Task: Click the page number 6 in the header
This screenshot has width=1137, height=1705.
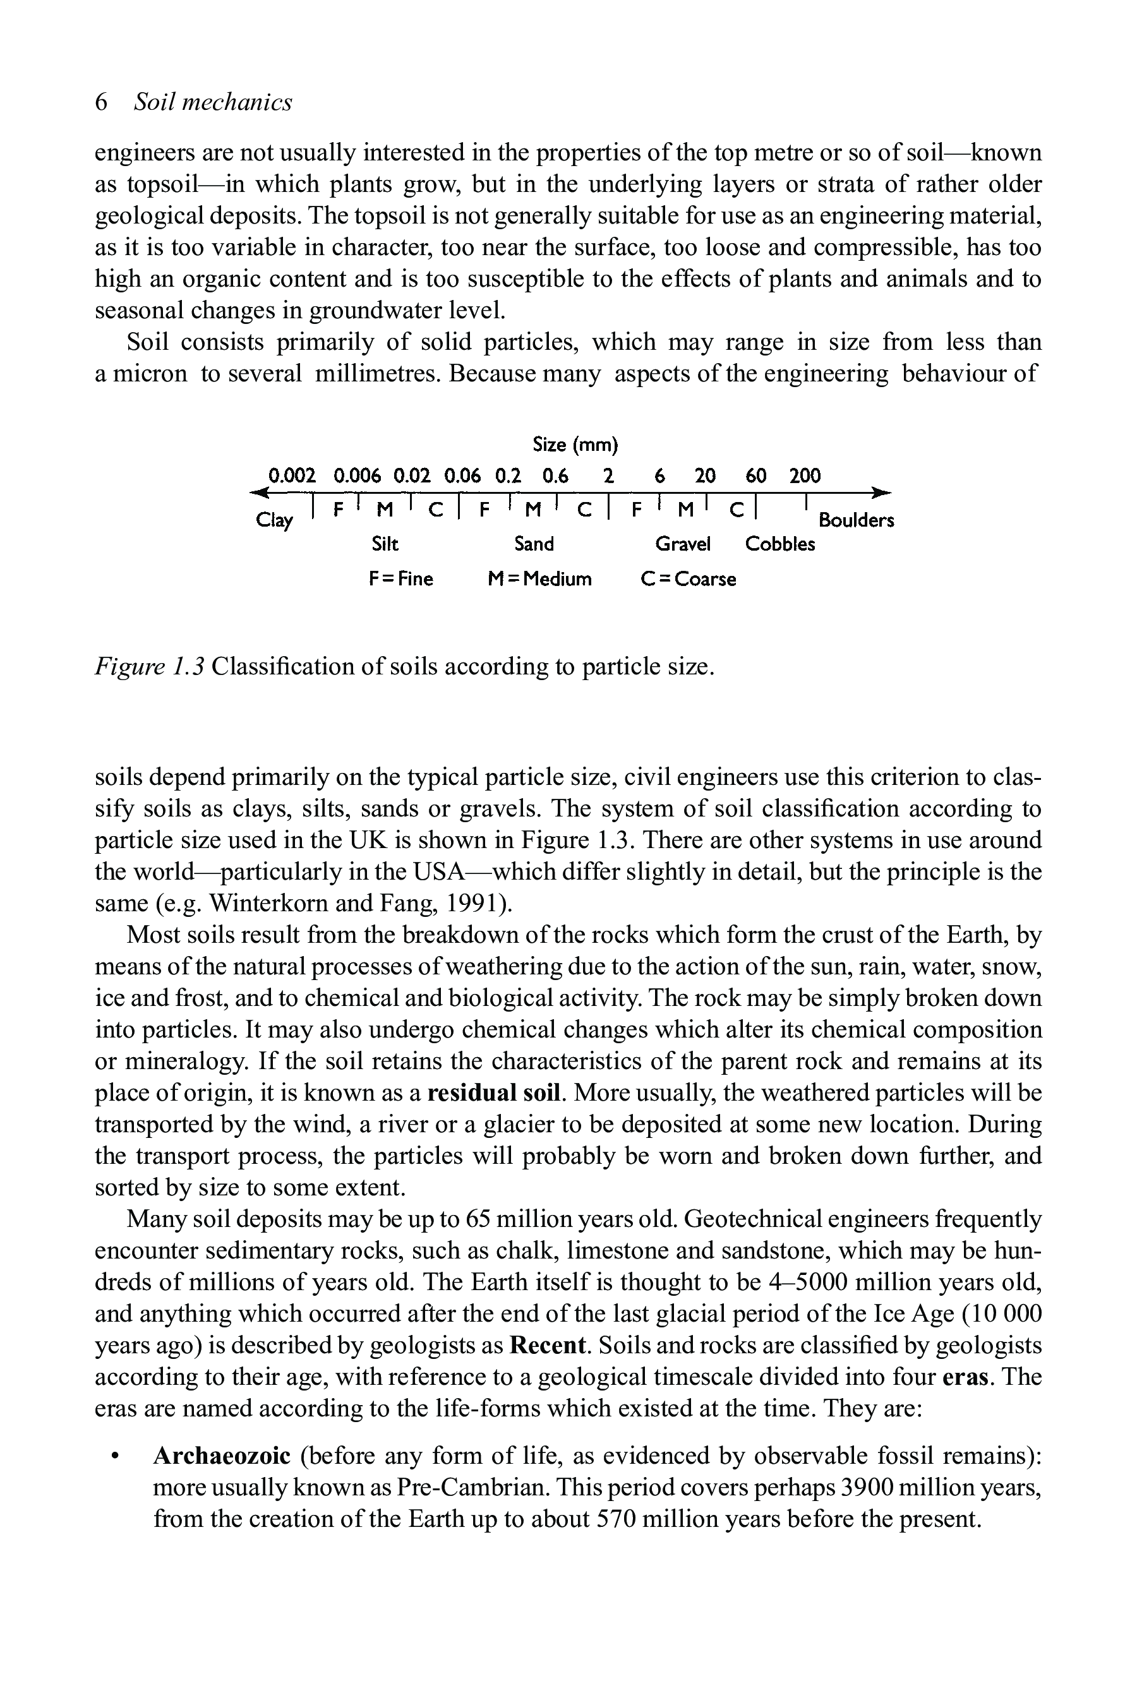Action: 102,102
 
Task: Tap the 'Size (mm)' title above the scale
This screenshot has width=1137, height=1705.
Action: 575,445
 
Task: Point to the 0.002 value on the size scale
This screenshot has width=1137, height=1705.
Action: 292,476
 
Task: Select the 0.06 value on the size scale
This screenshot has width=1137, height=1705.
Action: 462,476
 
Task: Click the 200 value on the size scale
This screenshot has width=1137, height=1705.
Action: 805,476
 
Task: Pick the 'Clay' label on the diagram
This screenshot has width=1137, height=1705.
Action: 275,520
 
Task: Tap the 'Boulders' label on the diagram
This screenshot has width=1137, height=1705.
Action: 857,520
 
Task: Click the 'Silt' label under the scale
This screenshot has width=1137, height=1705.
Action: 385,544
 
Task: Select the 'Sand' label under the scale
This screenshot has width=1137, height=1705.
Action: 534,544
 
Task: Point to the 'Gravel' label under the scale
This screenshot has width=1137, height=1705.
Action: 683,544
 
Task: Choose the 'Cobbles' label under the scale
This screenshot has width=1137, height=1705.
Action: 780,544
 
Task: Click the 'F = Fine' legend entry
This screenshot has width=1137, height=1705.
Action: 401,579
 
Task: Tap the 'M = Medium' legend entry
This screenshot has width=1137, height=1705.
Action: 539,579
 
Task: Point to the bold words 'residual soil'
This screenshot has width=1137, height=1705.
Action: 495,1092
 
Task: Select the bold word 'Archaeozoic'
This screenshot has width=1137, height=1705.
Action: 222,1456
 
